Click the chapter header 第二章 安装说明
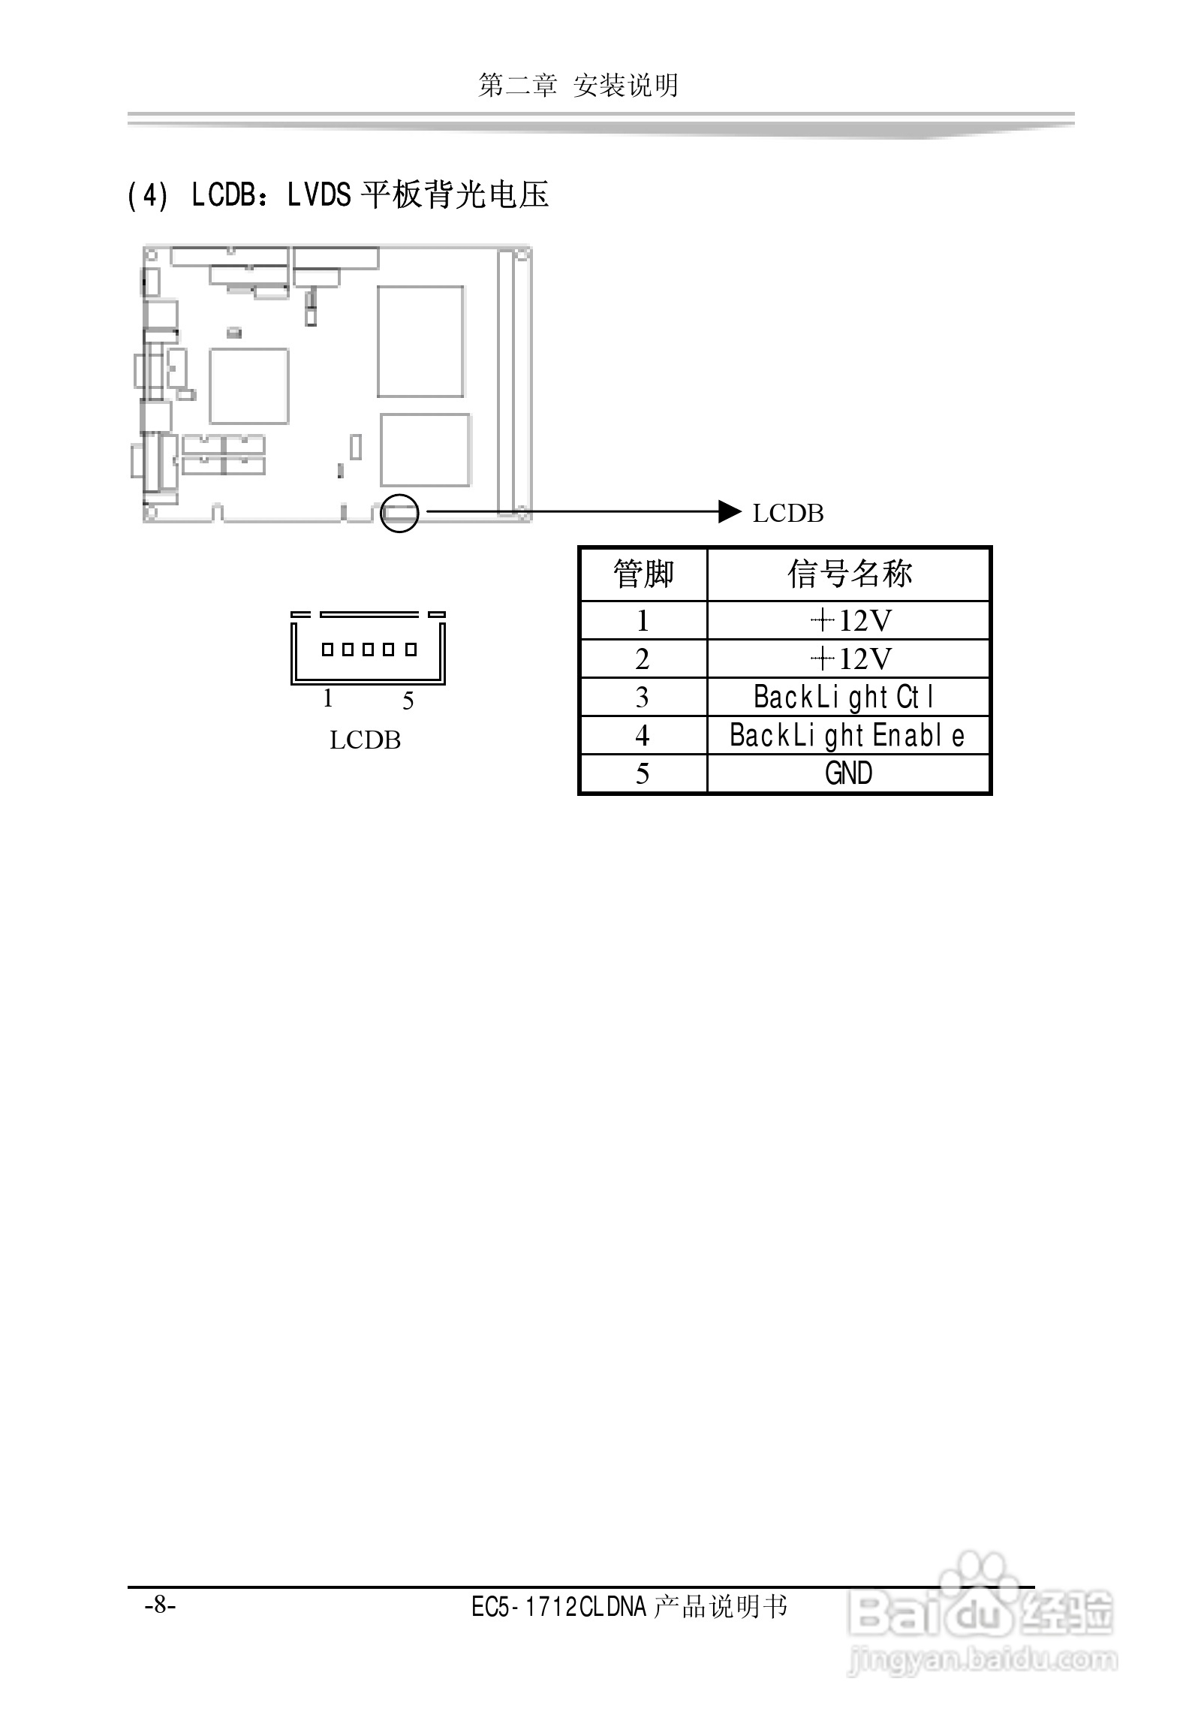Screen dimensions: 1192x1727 (578, 86)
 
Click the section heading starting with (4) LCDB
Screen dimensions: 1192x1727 (338, 195)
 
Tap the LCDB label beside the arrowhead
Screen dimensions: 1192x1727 (787, 514)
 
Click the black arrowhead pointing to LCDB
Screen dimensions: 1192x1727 (730, 511)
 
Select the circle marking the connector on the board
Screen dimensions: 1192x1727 (399, 513)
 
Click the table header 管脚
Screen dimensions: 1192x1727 (643, 574)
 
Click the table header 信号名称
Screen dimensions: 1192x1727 (848, 574)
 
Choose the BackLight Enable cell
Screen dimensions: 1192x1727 (847, 736)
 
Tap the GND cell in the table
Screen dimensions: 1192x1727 (848, 773)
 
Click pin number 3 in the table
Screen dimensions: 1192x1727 (642, 698)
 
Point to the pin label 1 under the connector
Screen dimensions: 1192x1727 (328, 698)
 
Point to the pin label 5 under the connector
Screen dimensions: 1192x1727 (408, 701)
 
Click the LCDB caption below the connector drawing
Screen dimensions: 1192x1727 (365, 740)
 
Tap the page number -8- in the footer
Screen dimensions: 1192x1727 (160, 1605)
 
